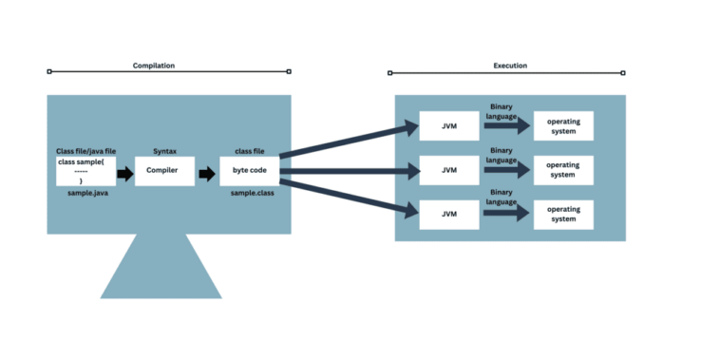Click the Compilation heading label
click(154, 66)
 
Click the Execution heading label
click(510, 66)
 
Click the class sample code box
click(85, 171)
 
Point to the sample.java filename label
click(86, 193)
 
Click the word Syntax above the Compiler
click(164, 151)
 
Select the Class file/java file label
click(86, 151)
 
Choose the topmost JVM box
click(449, 125)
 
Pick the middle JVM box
click(449, 170)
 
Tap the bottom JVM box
click(449, 214)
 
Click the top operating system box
click(563, 125)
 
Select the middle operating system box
click(563, 170)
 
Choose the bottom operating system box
click(563, 214)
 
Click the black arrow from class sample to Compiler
click(125, 173)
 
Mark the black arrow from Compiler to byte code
click(207, 173)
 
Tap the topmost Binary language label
click(502, 110)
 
